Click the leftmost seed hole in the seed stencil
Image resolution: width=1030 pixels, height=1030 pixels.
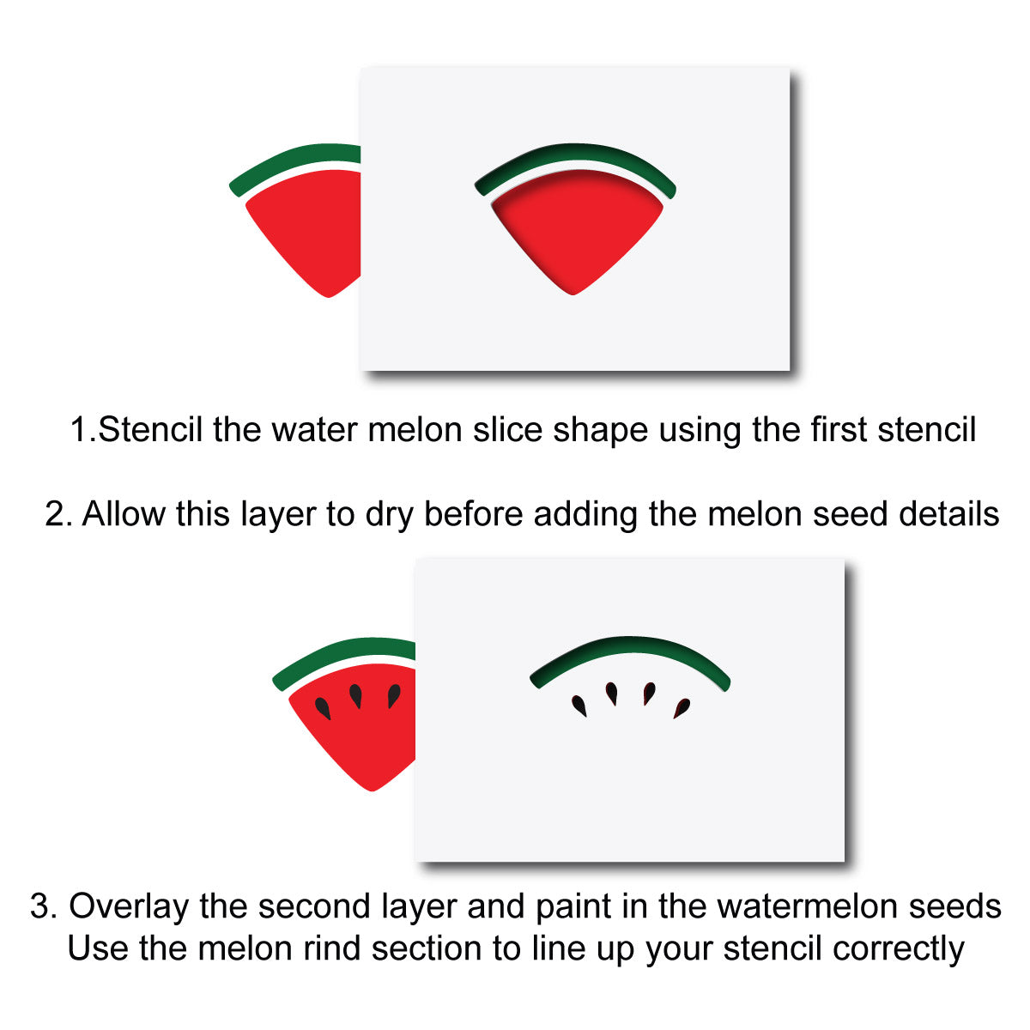tap(579, 706)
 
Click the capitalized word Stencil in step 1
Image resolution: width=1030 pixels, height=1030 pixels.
tap(150, 430)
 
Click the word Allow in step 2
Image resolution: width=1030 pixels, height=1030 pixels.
tap(124, 514)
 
